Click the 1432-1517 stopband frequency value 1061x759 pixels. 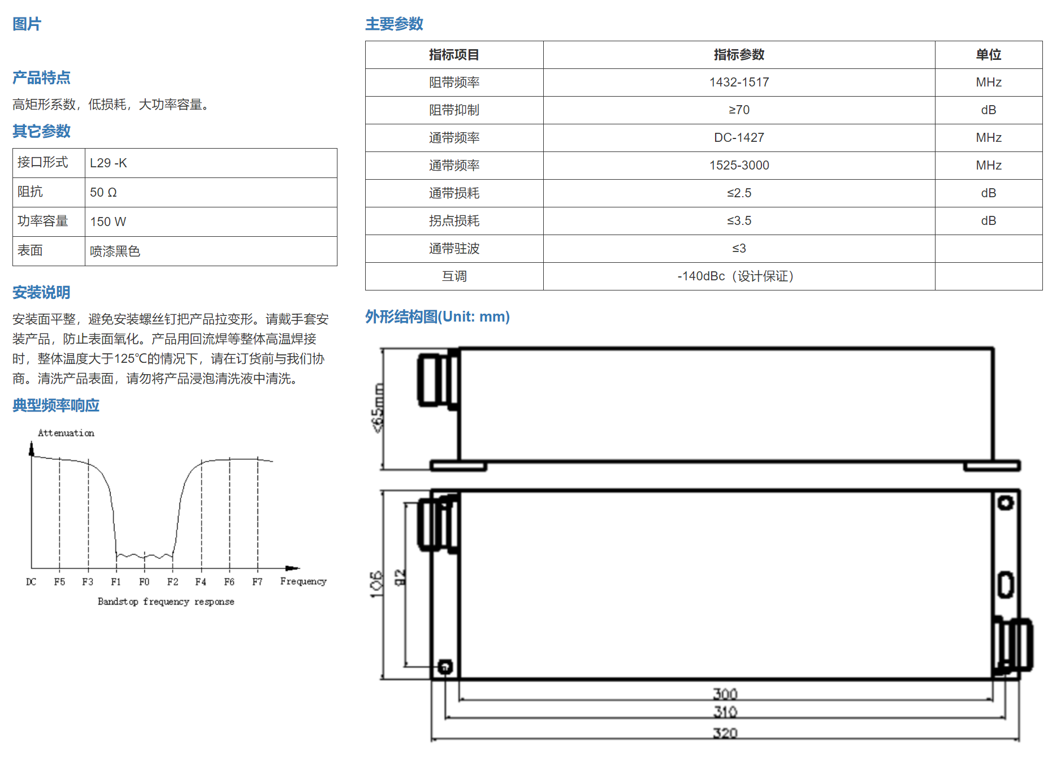coord(739,83)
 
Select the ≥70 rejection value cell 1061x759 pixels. coord(739,110)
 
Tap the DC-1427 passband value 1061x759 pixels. coord(739,138)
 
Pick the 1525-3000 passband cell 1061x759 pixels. coord(739,166)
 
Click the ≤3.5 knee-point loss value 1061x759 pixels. coord(739,221)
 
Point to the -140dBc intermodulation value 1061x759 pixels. coord(701,276)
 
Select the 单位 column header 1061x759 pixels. coord(988,55)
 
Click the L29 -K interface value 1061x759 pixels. coord(109,163)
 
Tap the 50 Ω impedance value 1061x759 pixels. coord(103,193)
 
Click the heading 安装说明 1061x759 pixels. coord(41,293)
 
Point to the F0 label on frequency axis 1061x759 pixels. coord(144,582)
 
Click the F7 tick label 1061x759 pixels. coord(257,582)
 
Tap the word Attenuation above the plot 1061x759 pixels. coord(66,433)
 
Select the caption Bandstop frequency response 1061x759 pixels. coord(166,602)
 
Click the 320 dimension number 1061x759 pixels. coord(725,733)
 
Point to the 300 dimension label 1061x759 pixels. coord(725,693)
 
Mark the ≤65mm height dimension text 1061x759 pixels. coord(378,408)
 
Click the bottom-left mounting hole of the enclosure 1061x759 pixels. coord(445,667)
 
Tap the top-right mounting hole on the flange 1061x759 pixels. coord(1006,503)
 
